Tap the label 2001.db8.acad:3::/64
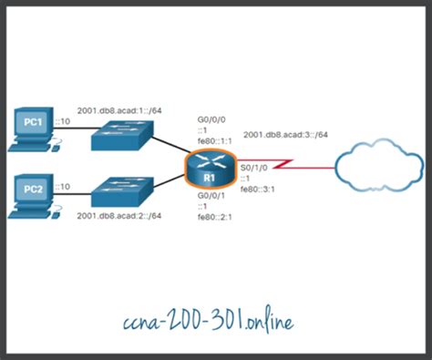pos(285,135)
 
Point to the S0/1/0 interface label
pos(252,168)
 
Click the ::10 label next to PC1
pos(62,122)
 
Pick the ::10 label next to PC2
pos(62,187)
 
